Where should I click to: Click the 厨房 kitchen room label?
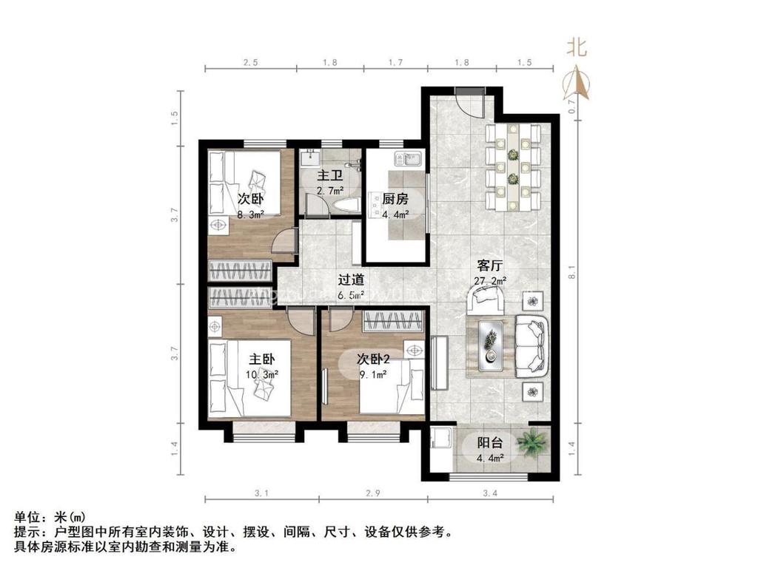pos(395,198)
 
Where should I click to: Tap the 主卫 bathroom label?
pos(329,176)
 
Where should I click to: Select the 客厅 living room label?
pos(490,266)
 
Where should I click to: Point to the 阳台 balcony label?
pos(490,443)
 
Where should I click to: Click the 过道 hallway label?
pos(351,280)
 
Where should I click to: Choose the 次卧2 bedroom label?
pos(374,359)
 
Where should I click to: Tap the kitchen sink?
pos(407,158)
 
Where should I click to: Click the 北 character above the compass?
pos(577,49)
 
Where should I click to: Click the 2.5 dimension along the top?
pos(250,63)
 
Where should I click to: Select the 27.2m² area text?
pos(490,281)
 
